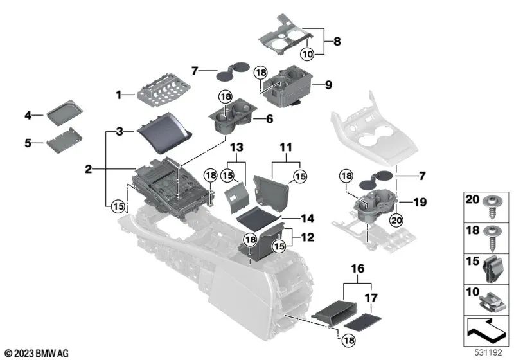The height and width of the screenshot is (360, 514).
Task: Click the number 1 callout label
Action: pos(119,95)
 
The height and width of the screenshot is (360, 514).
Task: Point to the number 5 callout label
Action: pos(28,143)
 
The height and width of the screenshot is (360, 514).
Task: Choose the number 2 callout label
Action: pos(88,170)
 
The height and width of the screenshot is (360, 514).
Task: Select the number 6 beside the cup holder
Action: pos(270,118)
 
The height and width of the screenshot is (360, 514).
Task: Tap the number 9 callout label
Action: pos(328,83)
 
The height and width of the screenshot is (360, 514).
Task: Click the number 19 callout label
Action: pos(420,202)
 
